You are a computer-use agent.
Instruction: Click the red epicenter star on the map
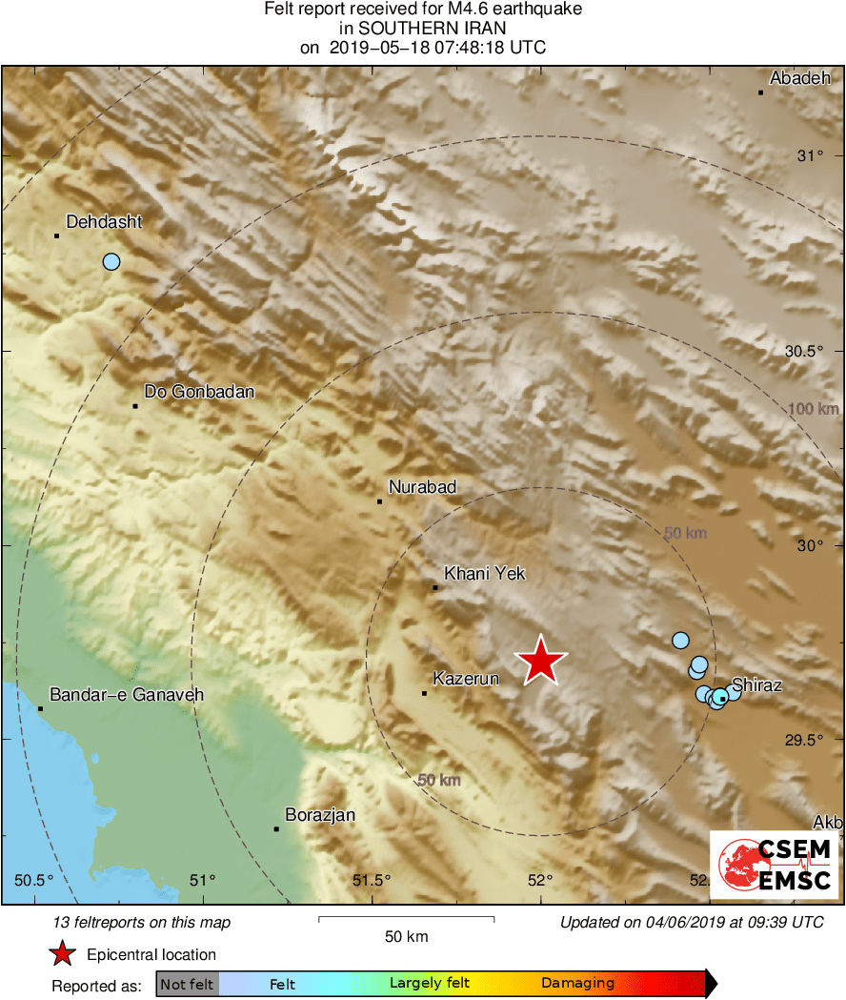(x=541, y=661)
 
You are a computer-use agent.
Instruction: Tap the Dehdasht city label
(x=104, y=222)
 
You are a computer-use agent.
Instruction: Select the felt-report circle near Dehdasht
(x=111, y=261)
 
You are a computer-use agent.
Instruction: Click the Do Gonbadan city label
(x=199, y=392)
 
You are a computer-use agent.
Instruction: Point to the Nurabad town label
(x=422, y=487)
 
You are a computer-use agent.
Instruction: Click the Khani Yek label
(x=485, y=574)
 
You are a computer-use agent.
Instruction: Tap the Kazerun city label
(x=466, y=680)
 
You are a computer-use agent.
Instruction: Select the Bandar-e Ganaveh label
(x=127, y=695)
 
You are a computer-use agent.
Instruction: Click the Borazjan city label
(x=320, y=815)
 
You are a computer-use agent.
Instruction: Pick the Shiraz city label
(x=757, y=685)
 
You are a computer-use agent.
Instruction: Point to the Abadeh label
(x=800, y=78)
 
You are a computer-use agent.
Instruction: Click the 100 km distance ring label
(x=814, y=410)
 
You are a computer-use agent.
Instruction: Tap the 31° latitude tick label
(x=810, y=155)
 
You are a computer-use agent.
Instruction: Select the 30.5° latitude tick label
(x=803, y=351)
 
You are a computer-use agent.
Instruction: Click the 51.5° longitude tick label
(x=372, y=879)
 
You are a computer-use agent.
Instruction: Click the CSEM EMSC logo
(x=774, y=866)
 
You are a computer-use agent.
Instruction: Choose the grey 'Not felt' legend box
(x=187, y=984)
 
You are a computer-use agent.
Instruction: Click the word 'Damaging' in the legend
(x=577, y=984)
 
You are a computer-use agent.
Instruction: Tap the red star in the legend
(x=62, y=953)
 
